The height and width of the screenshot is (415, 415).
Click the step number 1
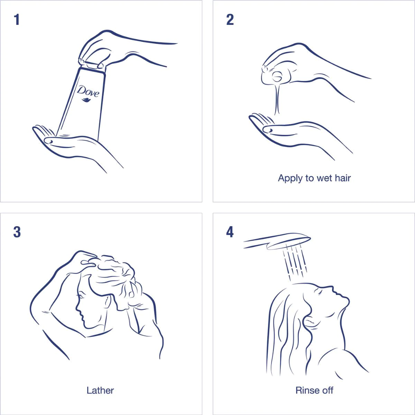click(x=17, y=20)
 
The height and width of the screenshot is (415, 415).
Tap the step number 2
click(x=230, y=20)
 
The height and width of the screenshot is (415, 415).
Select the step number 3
click(x=17, y=232)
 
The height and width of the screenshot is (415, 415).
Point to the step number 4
click(x=230, y=232)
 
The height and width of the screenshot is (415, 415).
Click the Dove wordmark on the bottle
click(x=88, y=91)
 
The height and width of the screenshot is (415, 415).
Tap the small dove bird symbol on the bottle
click(x=86, y=100)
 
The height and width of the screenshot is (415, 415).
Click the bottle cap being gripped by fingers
click(x=92, y=66)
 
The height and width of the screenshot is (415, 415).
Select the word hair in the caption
click(x=343, y=178)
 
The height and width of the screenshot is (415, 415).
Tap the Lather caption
click(x=100, y=391)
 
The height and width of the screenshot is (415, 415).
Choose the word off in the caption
click(x=326, y=390)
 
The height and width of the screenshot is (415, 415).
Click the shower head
click(x=277, y=241)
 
